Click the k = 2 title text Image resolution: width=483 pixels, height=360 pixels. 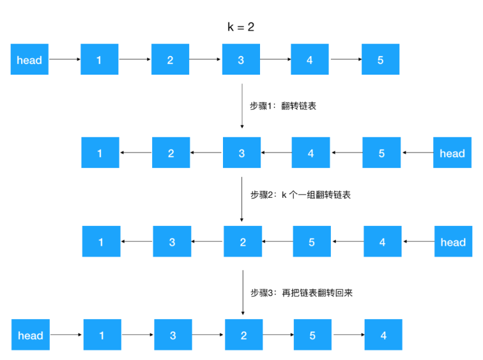pos(241,27)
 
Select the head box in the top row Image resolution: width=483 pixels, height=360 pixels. pos(29,60)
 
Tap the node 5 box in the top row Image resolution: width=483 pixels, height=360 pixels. pos(380,60)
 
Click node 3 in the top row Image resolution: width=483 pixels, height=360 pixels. pos(241,60)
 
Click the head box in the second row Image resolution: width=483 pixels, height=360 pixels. pos(452,153)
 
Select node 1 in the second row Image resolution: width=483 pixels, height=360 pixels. pos(100,153)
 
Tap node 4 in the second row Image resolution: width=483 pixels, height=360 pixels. pos(311,153)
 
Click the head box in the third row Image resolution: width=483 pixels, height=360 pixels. pos(453,242)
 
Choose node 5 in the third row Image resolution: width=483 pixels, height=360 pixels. pos(312,242)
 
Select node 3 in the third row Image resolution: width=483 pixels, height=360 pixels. pos(172,242)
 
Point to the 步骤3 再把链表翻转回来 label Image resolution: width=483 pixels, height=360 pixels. pos(301,293)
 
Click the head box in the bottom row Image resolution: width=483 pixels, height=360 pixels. pos(31,336)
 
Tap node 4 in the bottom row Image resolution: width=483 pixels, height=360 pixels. pos(383,336)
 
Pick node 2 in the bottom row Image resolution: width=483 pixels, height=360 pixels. pos(243,336)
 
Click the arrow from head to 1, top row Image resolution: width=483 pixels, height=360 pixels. pos(65,60)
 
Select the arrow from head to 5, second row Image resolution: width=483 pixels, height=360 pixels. pos(417,153)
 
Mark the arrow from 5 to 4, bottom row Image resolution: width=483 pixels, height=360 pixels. pos(348,336)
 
